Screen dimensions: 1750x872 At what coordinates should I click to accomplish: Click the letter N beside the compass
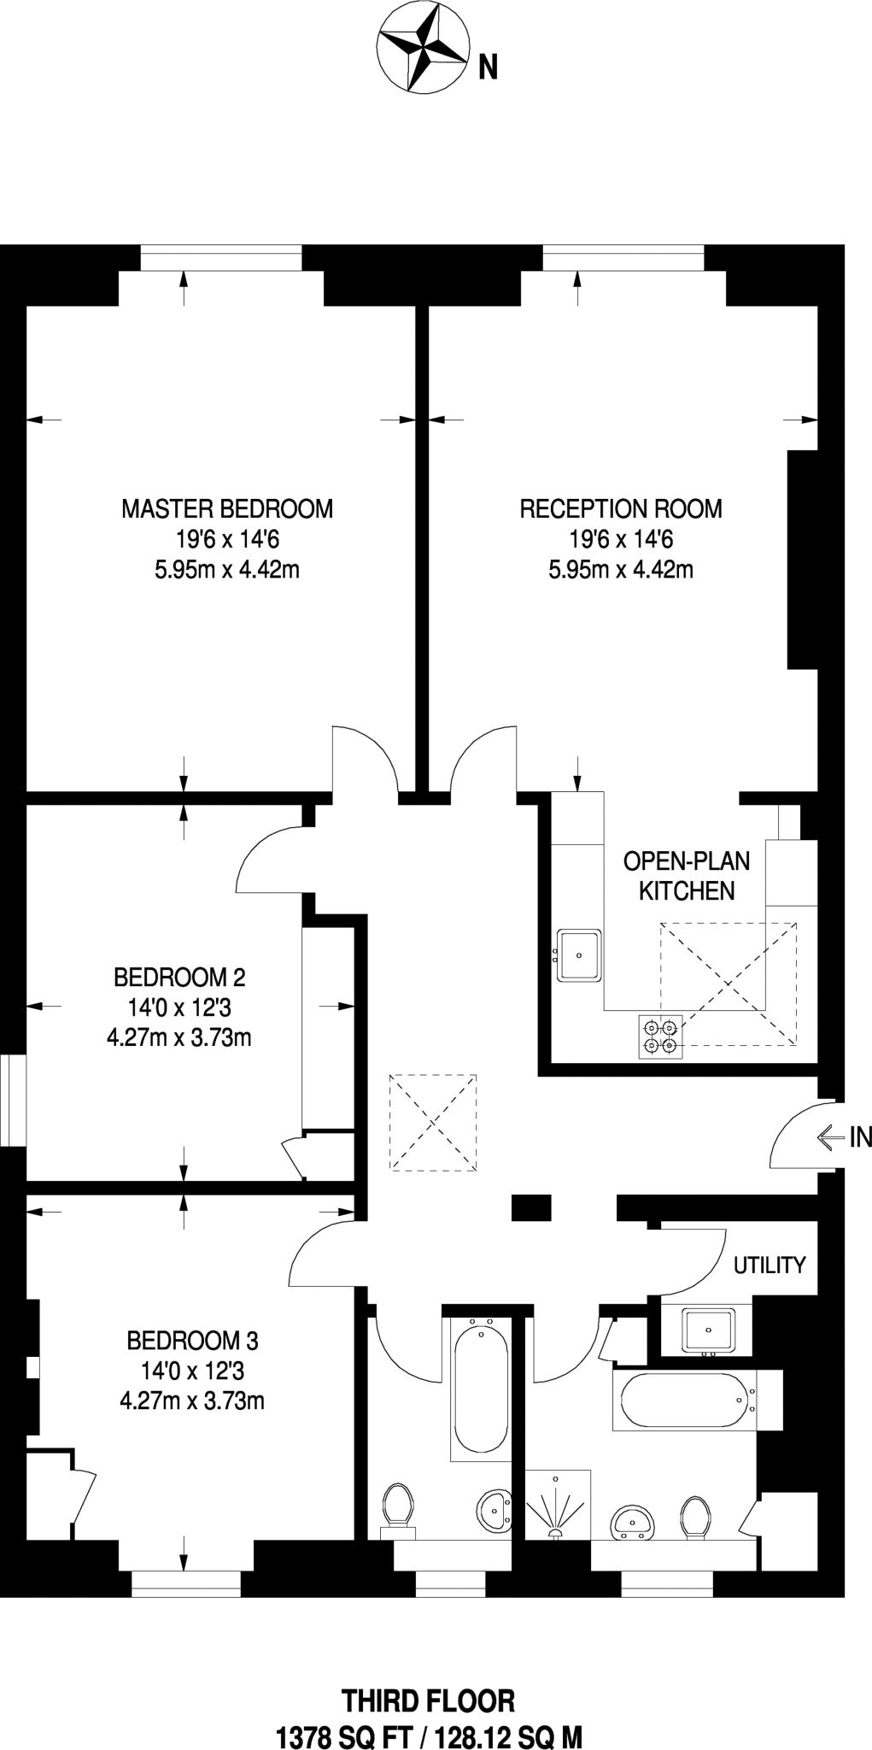[487, 67]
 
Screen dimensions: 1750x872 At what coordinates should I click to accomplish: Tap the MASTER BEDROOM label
[227, 509]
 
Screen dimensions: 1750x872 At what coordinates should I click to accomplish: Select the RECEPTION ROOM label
[621, 509]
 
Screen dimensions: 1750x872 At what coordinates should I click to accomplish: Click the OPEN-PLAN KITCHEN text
[687, 876]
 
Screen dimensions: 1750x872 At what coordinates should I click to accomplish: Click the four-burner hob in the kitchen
[660, 1036]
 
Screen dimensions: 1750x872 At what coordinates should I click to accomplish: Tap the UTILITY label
[770, 1265]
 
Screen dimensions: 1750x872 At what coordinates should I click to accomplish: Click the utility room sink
[707, 1330]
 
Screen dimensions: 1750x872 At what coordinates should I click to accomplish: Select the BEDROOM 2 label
[179, 977]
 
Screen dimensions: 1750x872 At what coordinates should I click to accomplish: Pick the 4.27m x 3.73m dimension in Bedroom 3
[192, 1401]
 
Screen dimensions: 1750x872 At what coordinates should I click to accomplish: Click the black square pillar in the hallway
[530, 1207]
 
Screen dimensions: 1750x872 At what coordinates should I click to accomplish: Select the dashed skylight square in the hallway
[433, 1123]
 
